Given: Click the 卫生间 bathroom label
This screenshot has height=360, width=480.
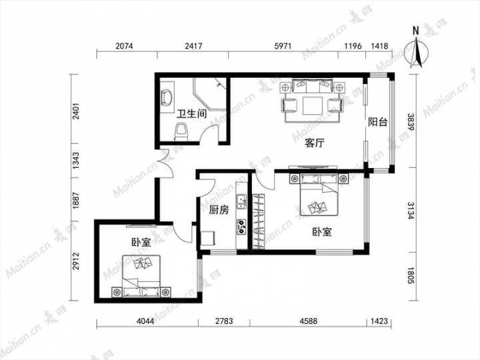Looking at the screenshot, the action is [x=192, y=114].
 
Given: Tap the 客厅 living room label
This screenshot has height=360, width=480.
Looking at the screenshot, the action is [x=315, y=143].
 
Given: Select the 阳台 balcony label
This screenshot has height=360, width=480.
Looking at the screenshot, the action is [x=378, y=122].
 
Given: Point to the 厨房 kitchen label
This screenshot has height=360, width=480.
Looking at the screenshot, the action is [x=219, y=210].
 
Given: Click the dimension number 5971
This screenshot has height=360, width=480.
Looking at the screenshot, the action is [x=283, y=46].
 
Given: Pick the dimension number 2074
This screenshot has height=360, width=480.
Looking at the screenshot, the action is [x=124, y=46].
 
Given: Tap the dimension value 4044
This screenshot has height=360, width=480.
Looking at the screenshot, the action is [x=146, y=321].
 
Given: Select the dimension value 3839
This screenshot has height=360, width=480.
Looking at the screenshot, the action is [x=411, y=122].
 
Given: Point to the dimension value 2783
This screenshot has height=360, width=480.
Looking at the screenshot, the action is [x=224, y=321].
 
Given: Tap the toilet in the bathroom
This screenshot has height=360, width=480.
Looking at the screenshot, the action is [x=181, y=131].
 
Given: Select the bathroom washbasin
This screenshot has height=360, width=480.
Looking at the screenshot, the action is [x=167, y=97].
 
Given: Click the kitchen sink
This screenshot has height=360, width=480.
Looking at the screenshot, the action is [x=241, y=201].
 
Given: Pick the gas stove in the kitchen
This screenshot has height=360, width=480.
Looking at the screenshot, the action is [x=241, y=227].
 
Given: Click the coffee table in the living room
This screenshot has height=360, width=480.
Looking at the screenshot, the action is [x=312, y=106].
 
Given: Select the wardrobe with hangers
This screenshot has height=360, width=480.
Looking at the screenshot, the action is [x=259, y=221].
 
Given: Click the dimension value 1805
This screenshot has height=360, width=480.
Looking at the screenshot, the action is [x=411, y=275].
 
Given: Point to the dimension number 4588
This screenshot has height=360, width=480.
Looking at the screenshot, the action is [x=309, y=321].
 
